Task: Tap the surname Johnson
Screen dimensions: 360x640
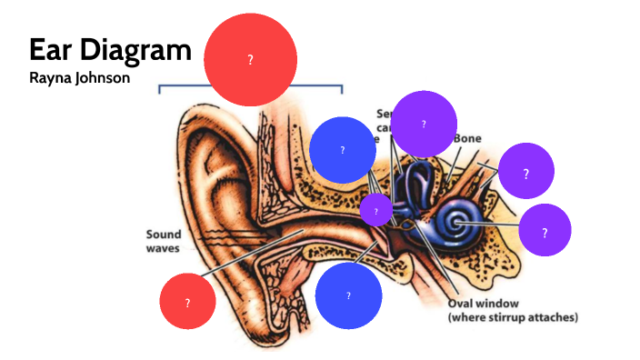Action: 105,78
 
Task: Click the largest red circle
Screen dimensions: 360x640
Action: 250,59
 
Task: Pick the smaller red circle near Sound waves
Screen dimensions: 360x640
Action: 187,302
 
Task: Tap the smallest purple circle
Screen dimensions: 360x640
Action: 375,211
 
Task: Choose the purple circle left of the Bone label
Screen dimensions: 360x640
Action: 424,124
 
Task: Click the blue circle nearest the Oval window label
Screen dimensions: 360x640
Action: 348,295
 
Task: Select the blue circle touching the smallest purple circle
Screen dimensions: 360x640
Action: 343,150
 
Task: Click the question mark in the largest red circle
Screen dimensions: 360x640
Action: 250,59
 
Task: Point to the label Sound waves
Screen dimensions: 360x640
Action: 164,240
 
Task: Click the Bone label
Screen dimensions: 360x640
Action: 467,138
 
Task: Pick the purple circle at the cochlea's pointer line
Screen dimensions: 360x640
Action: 545,231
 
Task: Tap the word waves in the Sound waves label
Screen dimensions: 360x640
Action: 164,247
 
